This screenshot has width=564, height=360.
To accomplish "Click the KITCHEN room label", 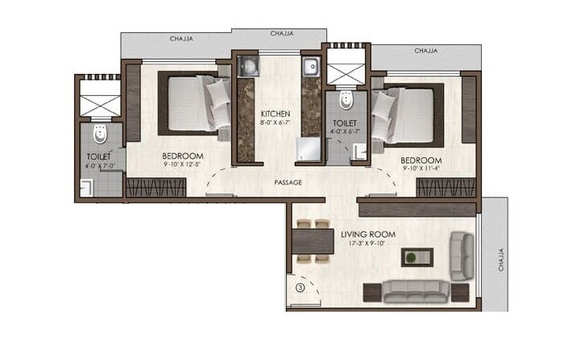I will point(275,115).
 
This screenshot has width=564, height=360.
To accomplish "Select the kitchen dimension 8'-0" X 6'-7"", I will point(275,125).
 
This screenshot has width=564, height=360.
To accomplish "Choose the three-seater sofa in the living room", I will point(417,290).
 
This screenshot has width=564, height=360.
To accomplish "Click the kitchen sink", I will point(312,66).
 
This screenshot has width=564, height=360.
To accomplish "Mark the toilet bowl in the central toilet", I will point(345,99).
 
